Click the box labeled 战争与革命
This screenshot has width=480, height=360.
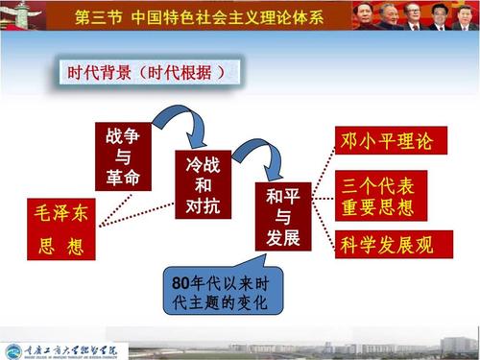click(x=123, y=156)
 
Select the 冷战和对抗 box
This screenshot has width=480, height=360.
click(x=204, y=183)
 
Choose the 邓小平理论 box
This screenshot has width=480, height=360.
click(x=386, y=141)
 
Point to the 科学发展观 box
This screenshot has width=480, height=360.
click(x=386, y=245)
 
